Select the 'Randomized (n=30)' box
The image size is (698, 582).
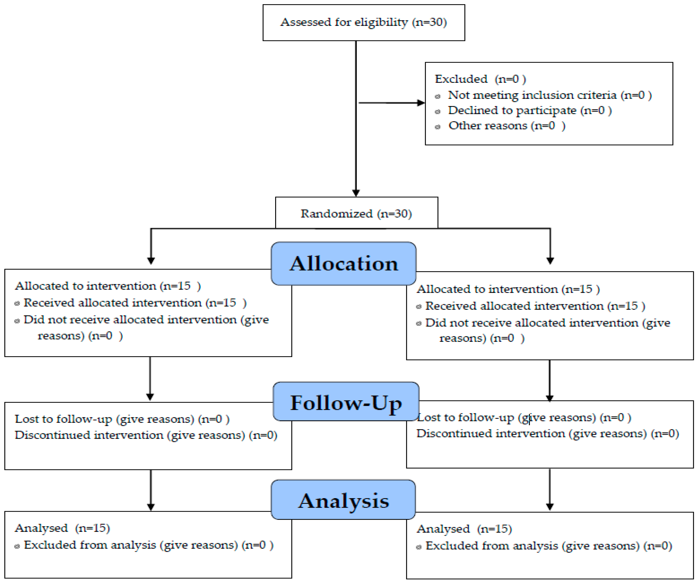pyautogui.click(x=356, y=213)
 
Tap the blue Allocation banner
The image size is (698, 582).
pyautogui.click(x=344, y=264)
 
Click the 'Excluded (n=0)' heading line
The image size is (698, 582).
pyautogui.click(x=480, y=79)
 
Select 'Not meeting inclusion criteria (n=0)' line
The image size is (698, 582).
pyautogui.click(x=549, y=95)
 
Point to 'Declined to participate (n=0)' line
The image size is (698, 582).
pyautogui.click(x=530, y=110)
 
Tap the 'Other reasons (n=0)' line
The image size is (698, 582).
pyautogui.click(x=507, y=126)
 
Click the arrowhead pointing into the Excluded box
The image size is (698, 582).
pyautogui.click(x=421, y=103)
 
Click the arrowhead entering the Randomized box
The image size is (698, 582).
pyautogui.click(x=356, y=193)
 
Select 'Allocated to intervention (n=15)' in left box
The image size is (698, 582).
pyautogui.click(x=108, y=286)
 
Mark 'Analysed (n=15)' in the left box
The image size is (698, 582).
pyautogui.click(x=62, y=528)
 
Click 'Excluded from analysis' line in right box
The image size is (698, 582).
pyautogui.click(x=548, y=546)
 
